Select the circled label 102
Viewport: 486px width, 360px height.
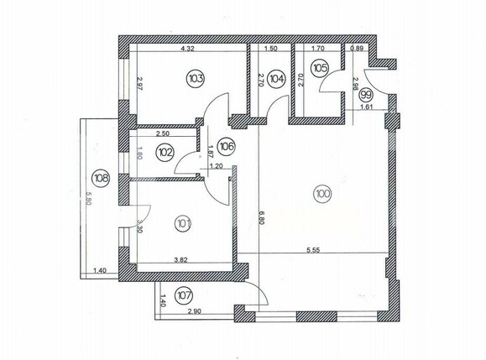tap(165, 153)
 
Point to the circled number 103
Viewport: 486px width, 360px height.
tap(196, 79)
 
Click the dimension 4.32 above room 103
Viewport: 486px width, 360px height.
tap(188, 49)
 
